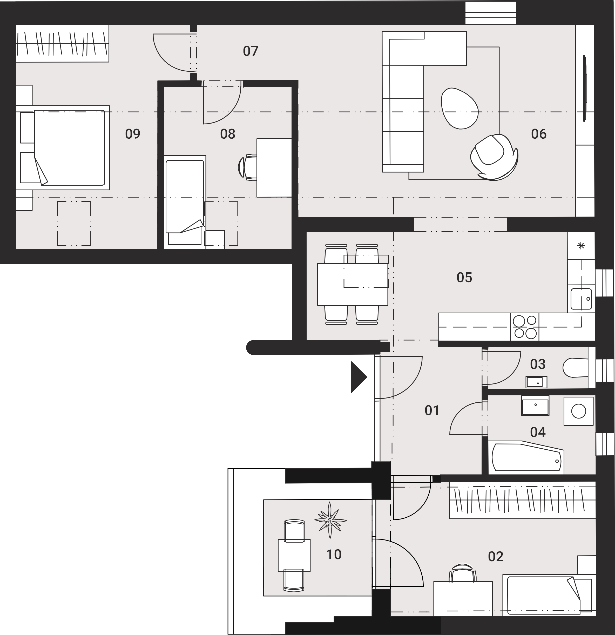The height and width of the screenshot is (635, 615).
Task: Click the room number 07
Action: pyautogui.click(x=251, y=51)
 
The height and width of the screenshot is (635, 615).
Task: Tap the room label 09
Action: pyautogui.click(x=132, y=134)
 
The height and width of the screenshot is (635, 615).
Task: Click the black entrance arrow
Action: pyautogui.click(x=358, y=377)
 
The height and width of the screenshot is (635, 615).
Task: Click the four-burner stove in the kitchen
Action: pyautogui.click(x=525, y=327)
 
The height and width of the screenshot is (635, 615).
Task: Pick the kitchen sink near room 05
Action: pyautogui.click(x=581, y=299)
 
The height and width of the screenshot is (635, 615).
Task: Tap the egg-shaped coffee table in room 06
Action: pyautogui.click(x=459, y=109)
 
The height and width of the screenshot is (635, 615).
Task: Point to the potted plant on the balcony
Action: pyautogui.click(x=330, y=520)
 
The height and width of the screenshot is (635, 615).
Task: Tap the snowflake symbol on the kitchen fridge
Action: pyautogui.click(x=581, y=246)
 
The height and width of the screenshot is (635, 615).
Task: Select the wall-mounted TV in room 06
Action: pyautogui.click(x=585, y=89)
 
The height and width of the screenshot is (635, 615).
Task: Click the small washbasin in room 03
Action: pyautogui.click(x=537, y=382)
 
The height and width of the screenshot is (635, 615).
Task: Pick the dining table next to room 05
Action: pyautogui.click(x=353, y=284)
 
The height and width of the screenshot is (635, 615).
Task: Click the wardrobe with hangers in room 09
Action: pyautogui.click(x=63, y=43)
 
